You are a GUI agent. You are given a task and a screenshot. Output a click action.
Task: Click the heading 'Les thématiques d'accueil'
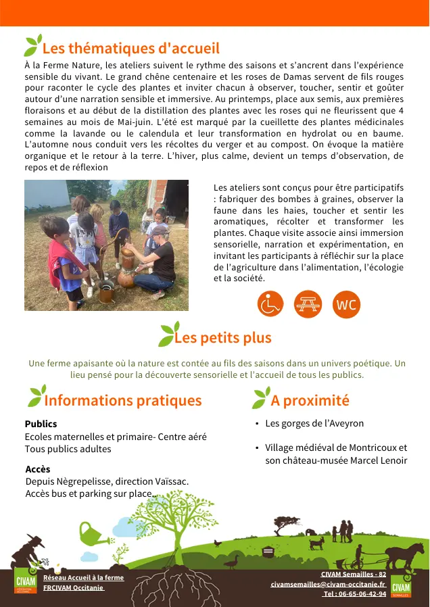pos(130,49)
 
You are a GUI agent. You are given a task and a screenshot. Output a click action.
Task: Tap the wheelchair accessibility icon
pos(270,305)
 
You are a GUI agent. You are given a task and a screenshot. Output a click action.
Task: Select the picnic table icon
pos(308,305)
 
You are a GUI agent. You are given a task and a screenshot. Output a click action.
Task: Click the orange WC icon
pos(346,305)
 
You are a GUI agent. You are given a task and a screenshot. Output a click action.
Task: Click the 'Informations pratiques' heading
pos(122,400)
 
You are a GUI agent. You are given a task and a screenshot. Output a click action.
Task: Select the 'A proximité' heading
pos(310,400)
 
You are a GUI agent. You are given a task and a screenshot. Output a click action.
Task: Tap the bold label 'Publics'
pos(41,424)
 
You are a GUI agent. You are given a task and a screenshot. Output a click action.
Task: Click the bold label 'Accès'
pos(38,469)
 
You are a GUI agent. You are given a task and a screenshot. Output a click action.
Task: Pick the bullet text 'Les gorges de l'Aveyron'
pos(314,423)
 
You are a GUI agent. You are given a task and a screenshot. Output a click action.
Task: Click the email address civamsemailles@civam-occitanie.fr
pos(328,583)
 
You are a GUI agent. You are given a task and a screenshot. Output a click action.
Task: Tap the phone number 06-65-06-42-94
pos(355,593)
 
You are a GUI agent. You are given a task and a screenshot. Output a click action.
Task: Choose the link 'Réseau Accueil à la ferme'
pos(83,578)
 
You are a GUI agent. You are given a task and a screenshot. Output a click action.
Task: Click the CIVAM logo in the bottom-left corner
pos(26,583)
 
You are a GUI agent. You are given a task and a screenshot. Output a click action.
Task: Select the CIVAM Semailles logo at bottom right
pos(401,585)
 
